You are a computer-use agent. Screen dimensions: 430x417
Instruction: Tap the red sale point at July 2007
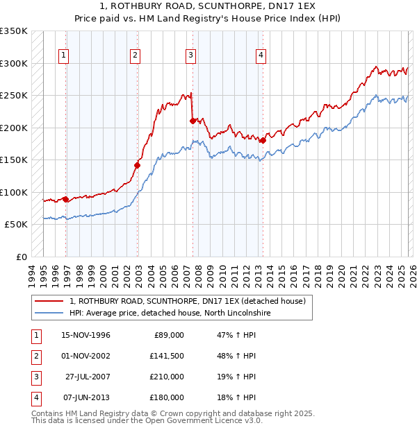point(193,121)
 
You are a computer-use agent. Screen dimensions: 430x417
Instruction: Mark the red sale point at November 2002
point(138,165)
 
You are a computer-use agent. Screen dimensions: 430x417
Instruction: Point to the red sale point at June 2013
point(263,140)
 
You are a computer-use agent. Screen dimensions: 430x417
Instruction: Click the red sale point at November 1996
point(66,199)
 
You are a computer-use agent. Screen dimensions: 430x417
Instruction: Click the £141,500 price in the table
point(165,356)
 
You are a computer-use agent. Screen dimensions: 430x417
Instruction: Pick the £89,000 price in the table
point(167,336)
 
